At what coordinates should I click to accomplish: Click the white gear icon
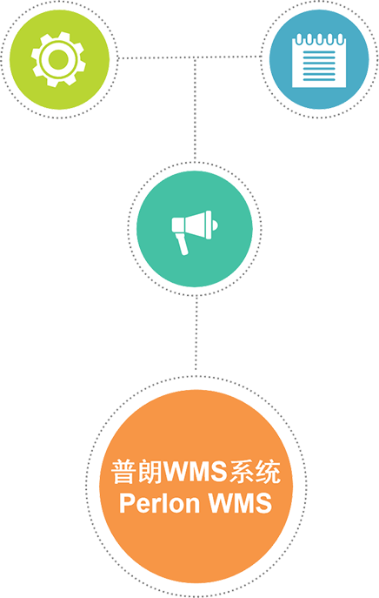pyautogui.click(x=58, y=59)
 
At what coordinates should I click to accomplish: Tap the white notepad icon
pyautogui.click(x=319, y=60)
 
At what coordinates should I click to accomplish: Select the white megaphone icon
pyautogui.click(x=194, y=232)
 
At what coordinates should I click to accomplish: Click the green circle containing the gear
pyautogui.click(x=59, y=59)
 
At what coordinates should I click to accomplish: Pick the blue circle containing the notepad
pyautogui.click(x=319, y=59)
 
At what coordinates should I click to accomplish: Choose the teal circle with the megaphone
pyautogui.click(x=194, y=229)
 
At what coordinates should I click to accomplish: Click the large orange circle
pyautogui.click(x=196, y=487)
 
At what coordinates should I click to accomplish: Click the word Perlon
pyautogui.click(x=159, y=504)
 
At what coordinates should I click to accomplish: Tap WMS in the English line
pyautogui.click(x=240, y=503)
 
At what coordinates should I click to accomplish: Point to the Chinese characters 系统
pyautogui.click(x=255, y=472)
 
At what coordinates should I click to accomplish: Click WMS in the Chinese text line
pyautogui.click(x=196, y=472)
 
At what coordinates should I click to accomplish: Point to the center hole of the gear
pyautogui.click(x=58, y=59)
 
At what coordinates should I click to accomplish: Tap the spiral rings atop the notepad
pyautogui.click(x=319, y=39)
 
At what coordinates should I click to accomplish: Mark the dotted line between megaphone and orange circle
pyautogui.click(x=196, y=333)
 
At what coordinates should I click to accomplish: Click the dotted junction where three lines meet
pyautogui.click(x=195, y=58)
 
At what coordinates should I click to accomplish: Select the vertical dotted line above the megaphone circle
pyautogui.click(x=195, y=110)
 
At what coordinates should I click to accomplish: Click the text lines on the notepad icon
pyautogui.click(x=319, y=65)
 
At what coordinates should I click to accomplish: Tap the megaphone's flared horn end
pyautogui.click(x=208, y=225)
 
